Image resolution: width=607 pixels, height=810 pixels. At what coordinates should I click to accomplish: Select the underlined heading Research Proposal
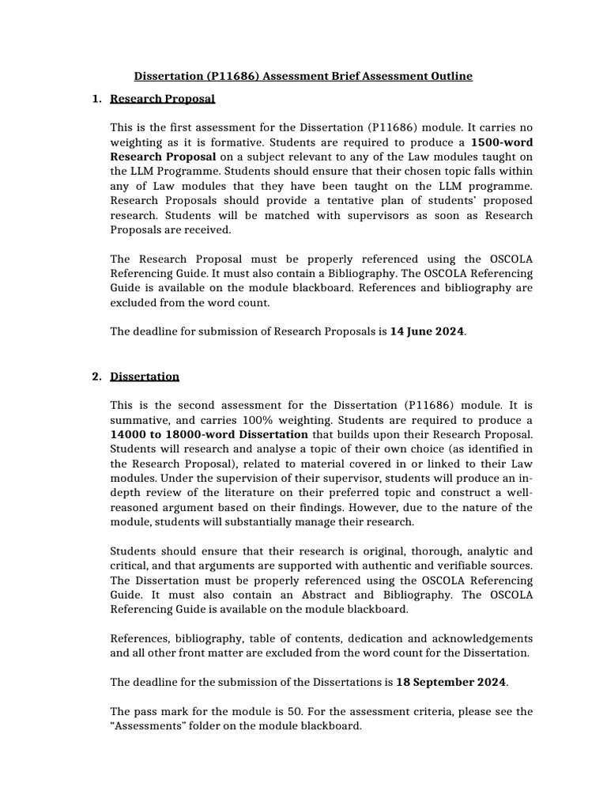point(162,99)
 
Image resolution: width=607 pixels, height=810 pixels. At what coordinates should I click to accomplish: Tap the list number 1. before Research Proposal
point(96,99)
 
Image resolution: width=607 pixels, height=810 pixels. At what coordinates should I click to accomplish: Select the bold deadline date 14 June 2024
point(427,331)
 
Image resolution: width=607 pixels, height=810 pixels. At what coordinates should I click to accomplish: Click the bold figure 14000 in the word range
point(129,434)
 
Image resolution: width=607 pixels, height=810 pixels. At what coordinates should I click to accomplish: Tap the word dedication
point(396,638)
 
